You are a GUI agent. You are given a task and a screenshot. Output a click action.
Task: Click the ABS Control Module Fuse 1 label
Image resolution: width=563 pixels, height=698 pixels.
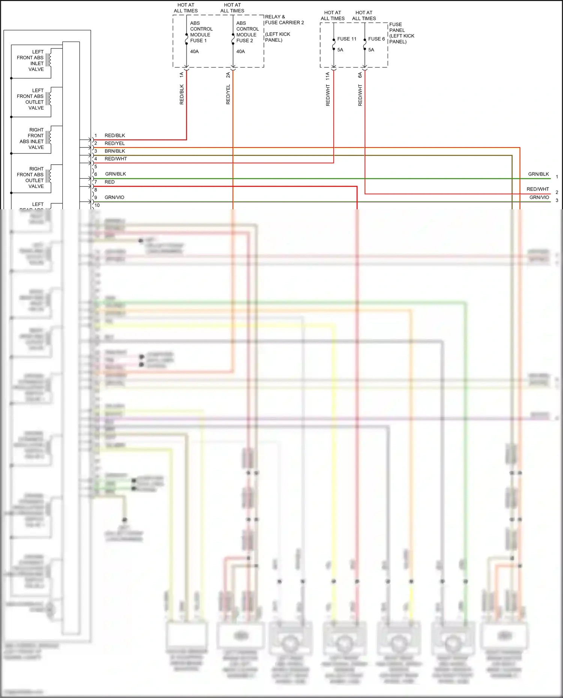pyautogui.click(x=201, y=32)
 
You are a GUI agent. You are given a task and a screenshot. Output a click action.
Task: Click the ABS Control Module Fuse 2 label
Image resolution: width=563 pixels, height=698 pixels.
pyautogui.click(x=247, y=32)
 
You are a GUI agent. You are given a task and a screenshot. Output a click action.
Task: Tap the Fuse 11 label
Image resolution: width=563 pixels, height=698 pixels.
pyautogui.click(x=346, y=39)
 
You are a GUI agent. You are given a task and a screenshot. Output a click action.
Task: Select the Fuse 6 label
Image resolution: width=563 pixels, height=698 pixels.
pyautogui.click(x=376, y=39)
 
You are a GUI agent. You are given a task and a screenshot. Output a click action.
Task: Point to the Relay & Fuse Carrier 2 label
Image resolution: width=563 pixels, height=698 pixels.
pyautogui.click(x=284, y=20)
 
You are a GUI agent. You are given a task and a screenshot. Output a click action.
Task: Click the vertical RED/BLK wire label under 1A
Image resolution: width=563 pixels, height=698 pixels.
pyautogui.click(x=182, y=94)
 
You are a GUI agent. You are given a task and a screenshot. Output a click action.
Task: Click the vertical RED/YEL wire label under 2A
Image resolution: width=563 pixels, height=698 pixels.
pyautogui.click(x=228, y=94)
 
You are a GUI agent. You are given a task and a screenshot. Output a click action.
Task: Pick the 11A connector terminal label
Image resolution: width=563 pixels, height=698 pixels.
pyautogui.click(x=328, y=76)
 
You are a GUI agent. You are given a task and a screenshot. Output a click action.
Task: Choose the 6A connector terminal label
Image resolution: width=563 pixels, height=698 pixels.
pyautogui.click(x=360, y=75)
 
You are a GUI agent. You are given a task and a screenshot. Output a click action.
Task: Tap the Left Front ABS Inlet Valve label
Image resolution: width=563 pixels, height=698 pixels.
pyautogui.click(x=30, y=60)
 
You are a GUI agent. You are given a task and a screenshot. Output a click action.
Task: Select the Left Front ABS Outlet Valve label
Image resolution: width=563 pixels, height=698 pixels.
pyautogui.click(x=30, y=99)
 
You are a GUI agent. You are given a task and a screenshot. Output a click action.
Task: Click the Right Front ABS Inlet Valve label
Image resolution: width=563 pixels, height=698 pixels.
pyautogui.click(x=32, y=138)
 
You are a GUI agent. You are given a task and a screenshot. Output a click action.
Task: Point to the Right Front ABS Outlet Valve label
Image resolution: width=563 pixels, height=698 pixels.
pyautogui.click(x=30, y=177)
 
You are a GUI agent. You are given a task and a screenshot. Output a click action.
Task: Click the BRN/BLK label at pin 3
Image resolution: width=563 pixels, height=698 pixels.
pyautogui.click(x=115, y=151)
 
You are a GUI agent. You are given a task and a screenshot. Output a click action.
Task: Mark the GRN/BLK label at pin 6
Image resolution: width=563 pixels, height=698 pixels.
pyautogui.click(x=116, y=174)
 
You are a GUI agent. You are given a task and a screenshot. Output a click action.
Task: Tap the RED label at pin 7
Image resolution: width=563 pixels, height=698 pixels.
pyautogui.click(x=110, y=182)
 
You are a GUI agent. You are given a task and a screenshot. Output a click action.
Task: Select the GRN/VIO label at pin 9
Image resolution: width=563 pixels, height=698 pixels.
pyautogui.click(x=114, y=197)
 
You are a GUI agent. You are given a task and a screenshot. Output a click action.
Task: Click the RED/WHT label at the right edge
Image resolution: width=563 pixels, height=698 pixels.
pyautogui.click(x=537, y=189)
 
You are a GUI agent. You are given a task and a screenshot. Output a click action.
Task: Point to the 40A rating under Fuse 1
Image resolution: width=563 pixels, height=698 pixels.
pyautogui.click(x=194, y=51)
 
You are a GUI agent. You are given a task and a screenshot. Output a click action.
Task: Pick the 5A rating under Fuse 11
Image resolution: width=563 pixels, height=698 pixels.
pyautogui.click(x=340, y=50)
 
